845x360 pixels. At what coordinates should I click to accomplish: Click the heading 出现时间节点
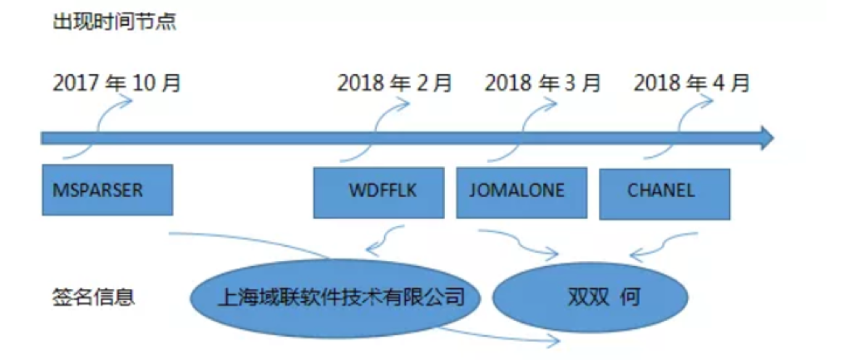click(114, 22)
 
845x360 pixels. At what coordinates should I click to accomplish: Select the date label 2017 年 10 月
click(116, 84)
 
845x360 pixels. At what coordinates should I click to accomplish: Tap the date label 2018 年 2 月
click(394, 84)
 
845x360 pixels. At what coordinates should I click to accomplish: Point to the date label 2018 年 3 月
click(542, 84)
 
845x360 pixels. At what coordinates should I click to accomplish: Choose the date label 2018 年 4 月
click(691, 84)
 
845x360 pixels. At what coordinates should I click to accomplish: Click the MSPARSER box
click(107, 190)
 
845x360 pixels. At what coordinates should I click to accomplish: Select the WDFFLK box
click(379, 192)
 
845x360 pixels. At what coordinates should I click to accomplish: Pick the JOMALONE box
click(521, 192)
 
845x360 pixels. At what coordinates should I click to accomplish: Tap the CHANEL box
click(665, 194)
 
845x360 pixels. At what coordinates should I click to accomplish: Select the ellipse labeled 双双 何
click(591, 298)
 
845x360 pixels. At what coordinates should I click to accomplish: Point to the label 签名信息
click(93, 298)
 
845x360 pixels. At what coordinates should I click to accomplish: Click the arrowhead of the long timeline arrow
click(768, 138)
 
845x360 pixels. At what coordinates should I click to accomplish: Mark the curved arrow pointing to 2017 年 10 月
click(98, 129)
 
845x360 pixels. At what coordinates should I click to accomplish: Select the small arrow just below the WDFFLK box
click(384, 239)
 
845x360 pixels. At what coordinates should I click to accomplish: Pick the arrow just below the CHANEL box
click(664, 244)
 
